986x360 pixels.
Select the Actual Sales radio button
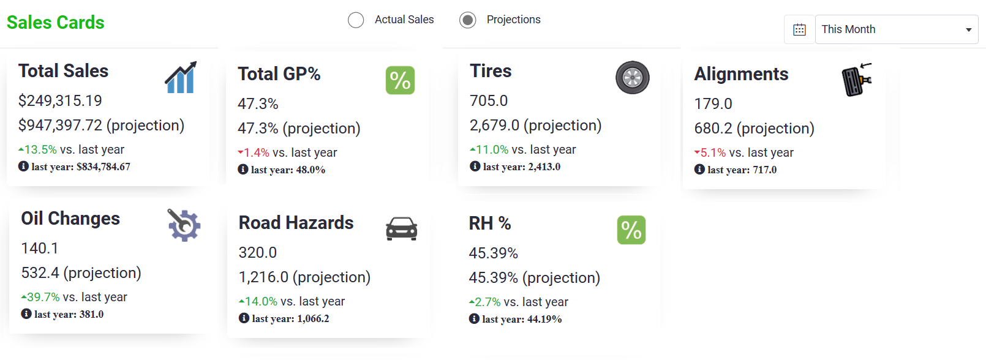tap(356, 20)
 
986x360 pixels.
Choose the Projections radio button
tap(467, 20)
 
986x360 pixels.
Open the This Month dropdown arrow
tap(968, 30)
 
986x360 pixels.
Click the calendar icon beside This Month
tap(799, 29)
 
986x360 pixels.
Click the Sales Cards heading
tap(56, 23)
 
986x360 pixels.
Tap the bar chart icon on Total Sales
tap(181, 78)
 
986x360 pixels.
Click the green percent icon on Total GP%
tap(400, 80)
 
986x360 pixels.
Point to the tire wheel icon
tap(633, 78)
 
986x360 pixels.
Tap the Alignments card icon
tap(857, 79)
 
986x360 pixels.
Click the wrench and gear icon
tap(184, 225)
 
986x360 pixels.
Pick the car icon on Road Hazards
tap(402, 228)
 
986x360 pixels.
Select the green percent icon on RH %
tap(631, 230)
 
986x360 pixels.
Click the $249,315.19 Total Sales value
tap(60, 101)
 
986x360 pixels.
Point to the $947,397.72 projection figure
tap(60, 126)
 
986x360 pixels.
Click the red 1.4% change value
tap(256, 152)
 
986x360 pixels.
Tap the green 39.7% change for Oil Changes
tap(43, 298)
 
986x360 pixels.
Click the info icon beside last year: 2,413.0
tap(475, 167)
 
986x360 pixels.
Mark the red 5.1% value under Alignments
tap(713, 152)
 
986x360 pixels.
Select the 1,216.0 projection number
tap(263, 277)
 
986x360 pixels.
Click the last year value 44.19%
tap(544, 320)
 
